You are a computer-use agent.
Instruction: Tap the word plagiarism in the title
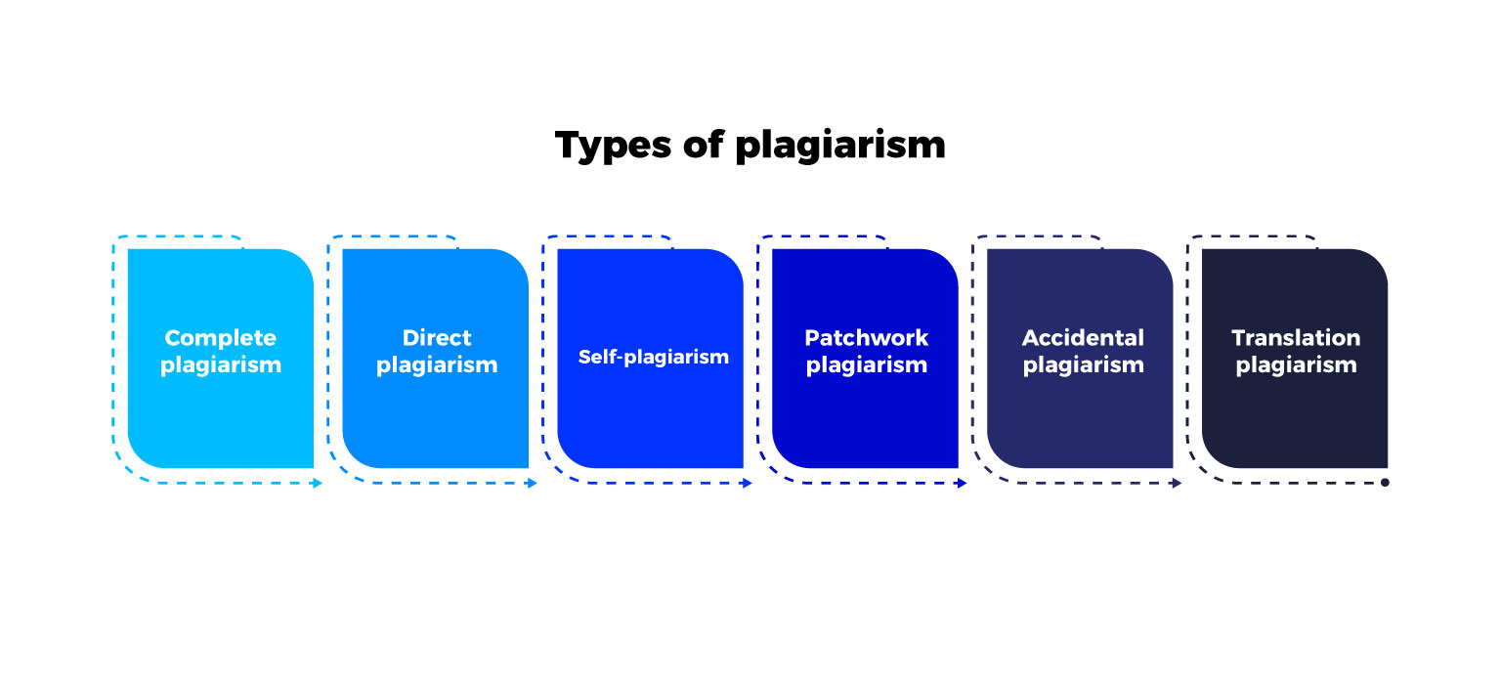click(840, 146)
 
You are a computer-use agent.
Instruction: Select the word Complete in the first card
click(220, 338)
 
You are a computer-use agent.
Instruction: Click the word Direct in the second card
click(437, 338)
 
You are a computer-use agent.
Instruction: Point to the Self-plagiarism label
click(653, 357)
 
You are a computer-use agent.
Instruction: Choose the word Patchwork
click(866, 338)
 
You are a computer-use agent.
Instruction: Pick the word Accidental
click(1083, 338)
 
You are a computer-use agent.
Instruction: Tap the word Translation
click(1296, 338)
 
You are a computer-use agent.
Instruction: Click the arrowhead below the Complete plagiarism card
click(318, 483)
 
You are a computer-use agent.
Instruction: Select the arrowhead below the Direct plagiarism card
click(533, 483)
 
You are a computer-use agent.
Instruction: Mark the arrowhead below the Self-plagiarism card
click(748, 483)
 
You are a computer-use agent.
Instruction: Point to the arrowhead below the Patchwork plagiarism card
click(963, 483)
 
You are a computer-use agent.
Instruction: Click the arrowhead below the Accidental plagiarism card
click(1178, 483)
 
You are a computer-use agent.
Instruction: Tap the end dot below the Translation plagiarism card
click(1385, 483)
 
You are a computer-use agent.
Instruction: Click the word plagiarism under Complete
click(221, 366)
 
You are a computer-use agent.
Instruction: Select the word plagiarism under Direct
click(437, 366)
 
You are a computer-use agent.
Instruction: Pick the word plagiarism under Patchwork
click(867, 366)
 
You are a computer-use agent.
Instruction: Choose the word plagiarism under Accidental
click(1083, 366)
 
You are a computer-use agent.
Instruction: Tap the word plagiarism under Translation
click(1296, 366)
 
